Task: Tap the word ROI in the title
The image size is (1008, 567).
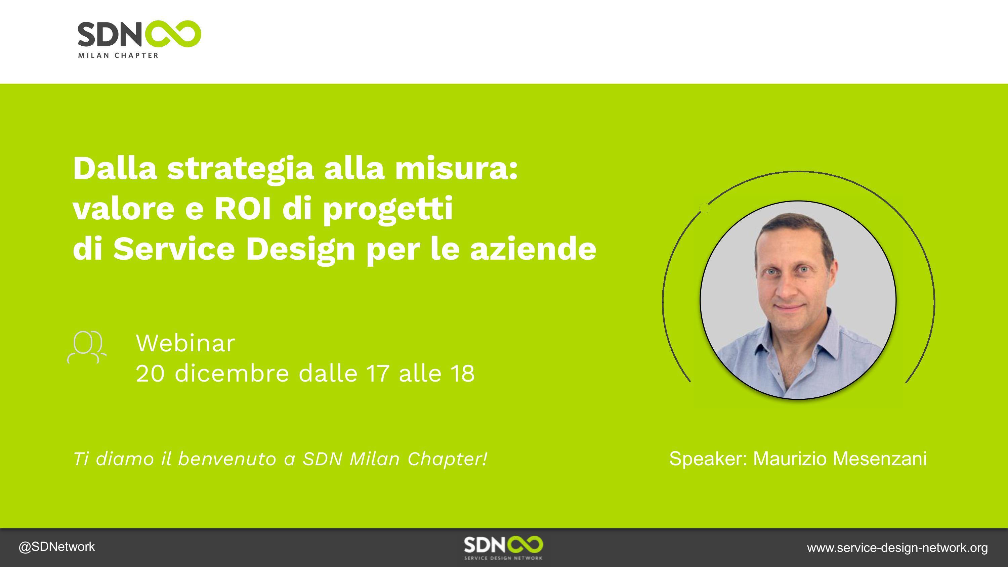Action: [243, 209]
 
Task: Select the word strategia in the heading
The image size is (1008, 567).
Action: [240, 169]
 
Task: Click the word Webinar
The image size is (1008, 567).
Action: [185, 343]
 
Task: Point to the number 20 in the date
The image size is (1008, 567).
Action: [150, 373]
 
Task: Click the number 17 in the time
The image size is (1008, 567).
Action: [378, 373]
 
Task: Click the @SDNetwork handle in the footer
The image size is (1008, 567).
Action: [57, 547]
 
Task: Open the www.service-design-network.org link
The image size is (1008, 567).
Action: [897, 548]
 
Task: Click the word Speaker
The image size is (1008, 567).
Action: [708, 459]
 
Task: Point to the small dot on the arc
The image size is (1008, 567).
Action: [705, 208]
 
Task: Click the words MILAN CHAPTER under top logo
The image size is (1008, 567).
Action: [118, 55]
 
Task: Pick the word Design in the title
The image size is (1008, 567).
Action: [300, 249]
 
